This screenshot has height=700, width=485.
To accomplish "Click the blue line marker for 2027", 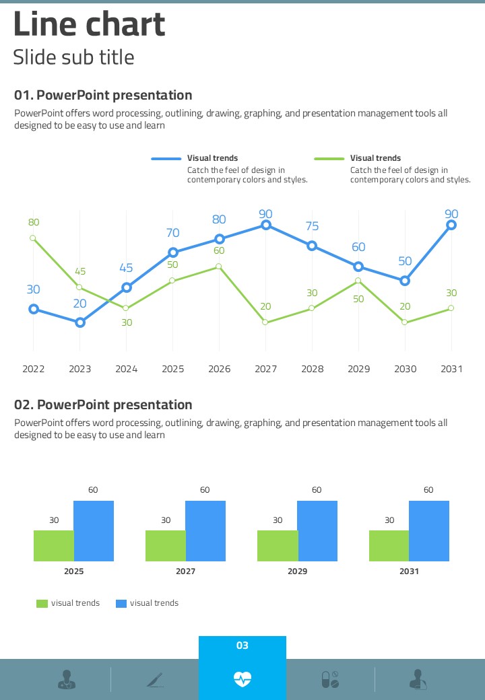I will [265, 225].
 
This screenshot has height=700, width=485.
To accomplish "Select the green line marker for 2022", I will [33, 238].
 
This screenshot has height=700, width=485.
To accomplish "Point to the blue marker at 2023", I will [80, 322].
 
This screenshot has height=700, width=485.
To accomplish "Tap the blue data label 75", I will [312, 226].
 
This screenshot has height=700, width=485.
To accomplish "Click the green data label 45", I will [80, 271].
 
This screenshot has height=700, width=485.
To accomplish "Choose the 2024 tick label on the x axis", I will [126, 369].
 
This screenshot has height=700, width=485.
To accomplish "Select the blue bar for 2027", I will [205, 531].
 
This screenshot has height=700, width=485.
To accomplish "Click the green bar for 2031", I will [389, 546].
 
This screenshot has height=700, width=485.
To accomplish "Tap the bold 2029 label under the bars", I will [297, 571].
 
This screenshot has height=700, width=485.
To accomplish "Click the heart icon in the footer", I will [243, 678].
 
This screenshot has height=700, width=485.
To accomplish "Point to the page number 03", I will [243, 645].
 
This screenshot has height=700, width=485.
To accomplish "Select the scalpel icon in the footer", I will [155, 679].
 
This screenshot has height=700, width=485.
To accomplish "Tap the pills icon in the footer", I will [330, 679].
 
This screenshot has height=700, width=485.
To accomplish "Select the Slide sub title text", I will [73, 57].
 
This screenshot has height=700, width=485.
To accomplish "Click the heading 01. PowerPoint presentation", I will [103, 95].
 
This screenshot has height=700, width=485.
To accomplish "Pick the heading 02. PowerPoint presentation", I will [103, 405].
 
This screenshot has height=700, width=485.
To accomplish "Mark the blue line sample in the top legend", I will [166, 159].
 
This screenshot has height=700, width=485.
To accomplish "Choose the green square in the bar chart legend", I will [42, 604].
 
